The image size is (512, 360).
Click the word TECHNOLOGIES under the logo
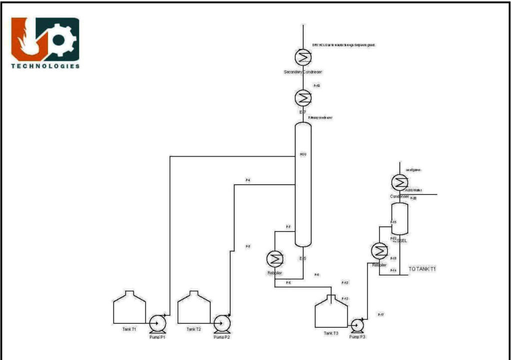coord(45,66)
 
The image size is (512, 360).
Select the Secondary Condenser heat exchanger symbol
coord(302,58)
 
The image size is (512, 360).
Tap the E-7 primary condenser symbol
coord(302,96)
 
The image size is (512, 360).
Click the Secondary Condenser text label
coord(302,72)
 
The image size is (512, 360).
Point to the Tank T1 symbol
coord(129,307)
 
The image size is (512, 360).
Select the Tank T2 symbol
coord(194,307)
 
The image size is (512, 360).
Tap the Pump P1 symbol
coord(158,323)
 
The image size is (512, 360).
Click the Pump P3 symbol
coord(357,324)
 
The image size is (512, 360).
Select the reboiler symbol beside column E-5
coord(274,258)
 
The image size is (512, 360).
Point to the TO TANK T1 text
coord(422,269)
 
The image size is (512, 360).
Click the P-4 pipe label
coord(248,180)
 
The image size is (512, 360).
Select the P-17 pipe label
coord(380,314)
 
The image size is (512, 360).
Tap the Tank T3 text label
coord(330,333)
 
